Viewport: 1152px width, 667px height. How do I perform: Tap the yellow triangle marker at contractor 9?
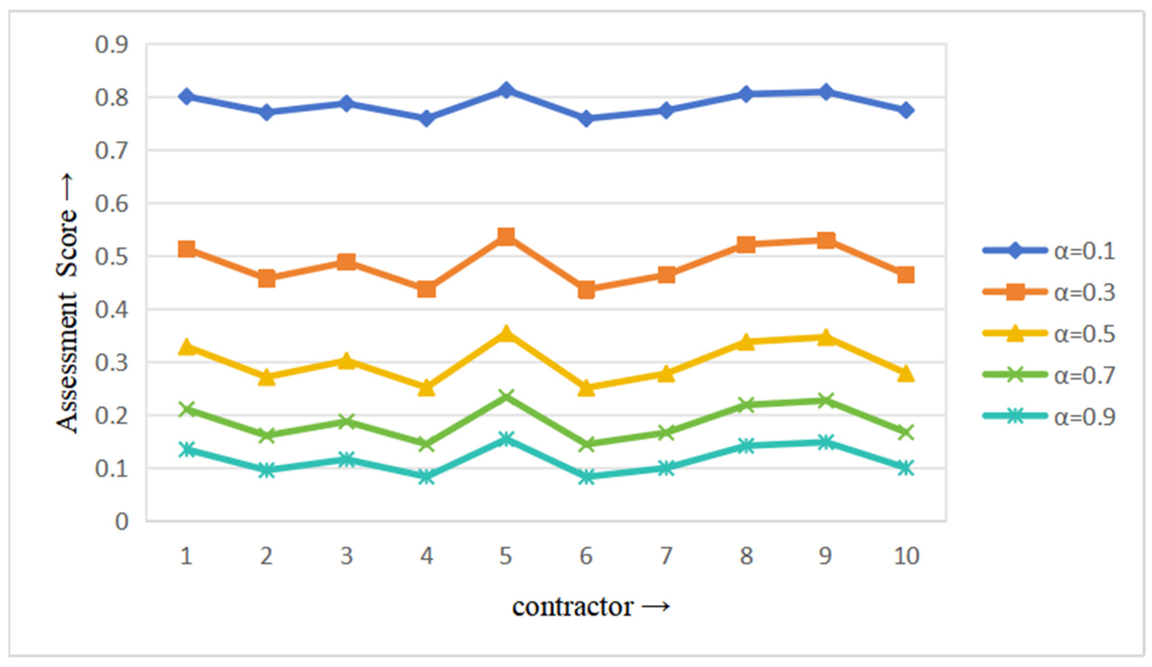point(826,338)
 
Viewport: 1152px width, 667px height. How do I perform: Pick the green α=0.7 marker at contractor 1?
point(186,409)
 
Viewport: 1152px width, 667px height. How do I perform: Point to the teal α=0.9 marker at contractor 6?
point(586,477)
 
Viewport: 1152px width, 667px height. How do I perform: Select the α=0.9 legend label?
point(1084,416)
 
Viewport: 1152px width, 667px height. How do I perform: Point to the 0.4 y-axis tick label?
point(111,310)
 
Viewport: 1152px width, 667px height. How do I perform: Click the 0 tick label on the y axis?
point(121,522)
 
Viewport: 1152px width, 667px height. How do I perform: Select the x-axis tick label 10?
point(906,556)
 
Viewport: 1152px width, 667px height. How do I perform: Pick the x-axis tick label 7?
point(666,556)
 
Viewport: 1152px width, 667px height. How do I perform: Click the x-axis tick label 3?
point(346,556)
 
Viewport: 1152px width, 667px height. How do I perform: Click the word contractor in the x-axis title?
point(572,607)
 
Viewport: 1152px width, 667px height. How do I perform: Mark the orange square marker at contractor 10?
point(906,275)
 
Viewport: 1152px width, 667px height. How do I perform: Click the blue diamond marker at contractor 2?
point(267,112)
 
